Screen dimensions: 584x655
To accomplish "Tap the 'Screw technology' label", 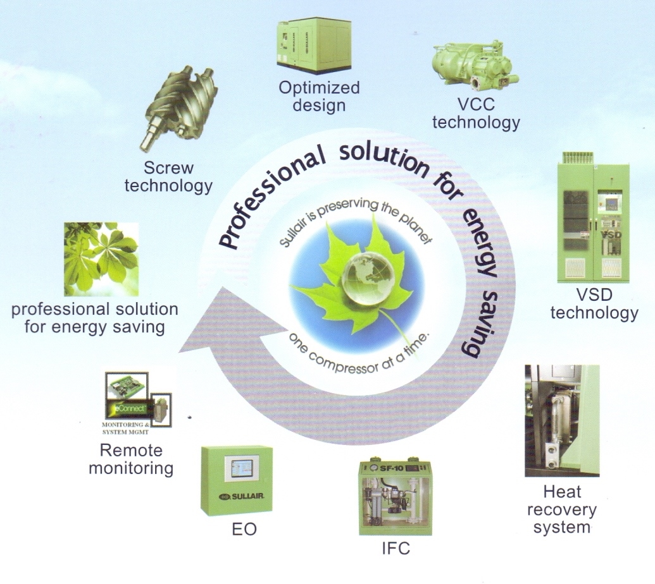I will pos(168,177).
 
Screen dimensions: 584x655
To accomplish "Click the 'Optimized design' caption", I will pos(319,95).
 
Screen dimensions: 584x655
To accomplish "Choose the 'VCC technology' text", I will pos(475,113).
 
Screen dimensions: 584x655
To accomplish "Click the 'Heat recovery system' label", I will pos(561,508).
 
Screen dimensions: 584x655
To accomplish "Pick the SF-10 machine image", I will pos(395,499).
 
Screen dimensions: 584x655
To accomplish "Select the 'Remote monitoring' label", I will pos(130,459).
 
